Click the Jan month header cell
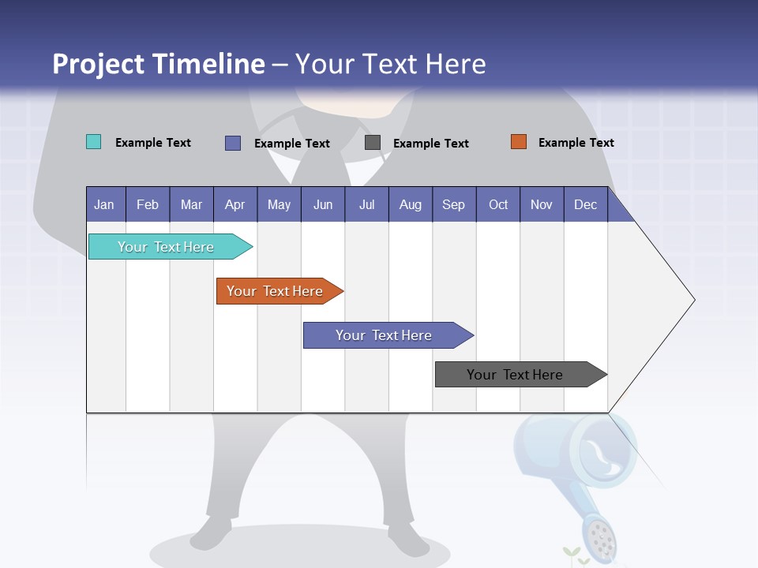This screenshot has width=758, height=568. (x=105, y=204)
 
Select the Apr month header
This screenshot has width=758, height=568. (x=235, y=204)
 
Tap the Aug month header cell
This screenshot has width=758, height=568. (x=410, y=204)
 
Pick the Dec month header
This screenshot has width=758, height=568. (x=585, y=204)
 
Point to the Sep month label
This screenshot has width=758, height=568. (x=453, y=204)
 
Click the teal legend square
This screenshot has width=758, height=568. (x=93, y=142)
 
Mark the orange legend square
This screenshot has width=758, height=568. (x=518, y=141)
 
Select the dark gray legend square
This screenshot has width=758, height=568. (x=373, y=142)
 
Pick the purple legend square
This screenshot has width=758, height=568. (x=232, y=143)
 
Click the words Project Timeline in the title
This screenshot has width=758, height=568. (x=158, y=64)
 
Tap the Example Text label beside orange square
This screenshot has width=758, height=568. (x=576, y=142)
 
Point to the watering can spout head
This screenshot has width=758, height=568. (x=599, y=537)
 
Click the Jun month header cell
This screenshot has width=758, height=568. (x=322, y=204)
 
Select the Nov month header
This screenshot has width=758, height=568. (x=541, y=204)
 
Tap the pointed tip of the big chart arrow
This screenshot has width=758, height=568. (x=692, y=300)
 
